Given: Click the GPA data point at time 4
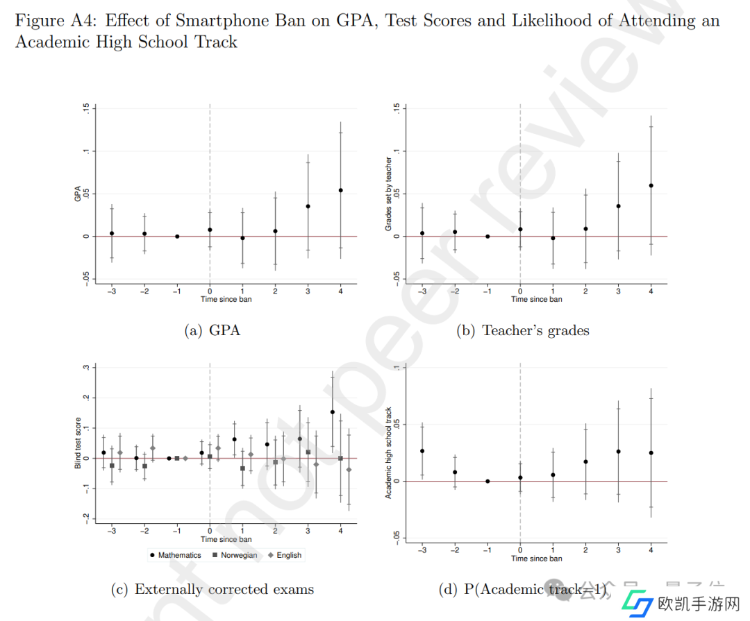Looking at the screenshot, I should point(340,190).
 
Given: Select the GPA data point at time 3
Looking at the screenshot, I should point(308,206).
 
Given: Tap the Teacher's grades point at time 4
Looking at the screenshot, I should point(651,185).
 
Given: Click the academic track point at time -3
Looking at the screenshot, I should point(422,451).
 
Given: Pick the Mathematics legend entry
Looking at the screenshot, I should point(175,555).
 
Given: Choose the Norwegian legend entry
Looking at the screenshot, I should point(235,555).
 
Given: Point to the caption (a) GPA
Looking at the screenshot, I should point(212,330).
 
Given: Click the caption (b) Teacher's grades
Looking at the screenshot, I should point(522,330).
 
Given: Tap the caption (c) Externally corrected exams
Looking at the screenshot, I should point(212,590).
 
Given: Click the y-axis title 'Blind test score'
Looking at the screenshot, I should point(78,443).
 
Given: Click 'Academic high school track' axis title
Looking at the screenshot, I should point(389,452).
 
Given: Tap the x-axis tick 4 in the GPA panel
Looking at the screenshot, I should point(340,291).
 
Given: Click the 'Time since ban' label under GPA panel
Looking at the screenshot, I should point(226,299).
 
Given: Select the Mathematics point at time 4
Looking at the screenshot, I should point(333,412).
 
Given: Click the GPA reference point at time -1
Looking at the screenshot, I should point(177,237).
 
